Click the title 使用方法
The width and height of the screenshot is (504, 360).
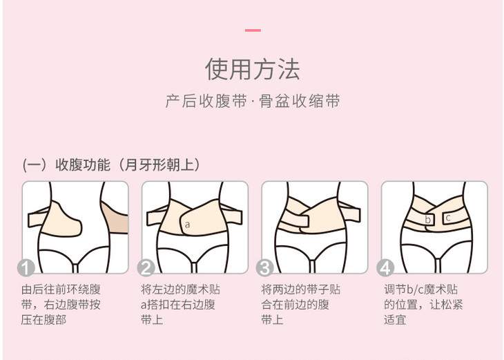[253, 69]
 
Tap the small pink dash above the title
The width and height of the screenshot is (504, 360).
[253, 30]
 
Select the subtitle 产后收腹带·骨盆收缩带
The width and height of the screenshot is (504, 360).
[253, 101]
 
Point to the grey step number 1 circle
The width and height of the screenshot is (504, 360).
[26, 267]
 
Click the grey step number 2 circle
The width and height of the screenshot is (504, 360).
[146, 267]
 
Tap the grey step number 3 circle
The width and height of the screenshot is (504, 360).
[265, 267]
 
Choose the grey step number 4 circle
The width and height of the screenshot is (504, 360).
[385, 267]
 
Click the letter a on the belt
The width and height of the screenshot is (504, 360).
[187, 225]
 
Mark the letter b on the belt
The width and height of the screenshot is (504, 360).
[427, 220]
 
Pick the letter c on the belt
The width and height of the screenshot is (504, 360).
[448, 218]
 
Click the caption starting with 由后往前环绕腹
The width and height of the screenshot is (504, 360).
[61, 304]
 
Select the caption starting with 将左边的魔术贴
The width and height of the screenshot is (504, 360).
[180, 304]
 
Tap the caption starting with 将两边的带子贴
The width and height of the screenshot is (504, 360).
[300, 304]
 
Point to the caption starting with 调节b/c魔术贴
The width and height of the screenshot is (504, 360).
[423, 304]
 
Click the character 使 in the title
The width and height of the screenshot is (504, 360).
[217, 69]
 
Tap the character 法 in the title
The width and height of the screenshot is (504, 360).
[289, 69]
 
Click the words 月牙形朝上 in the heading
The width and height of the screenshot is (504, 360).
[159, 164]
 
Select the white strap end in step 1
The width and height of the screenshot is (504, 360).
[36, 219]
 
